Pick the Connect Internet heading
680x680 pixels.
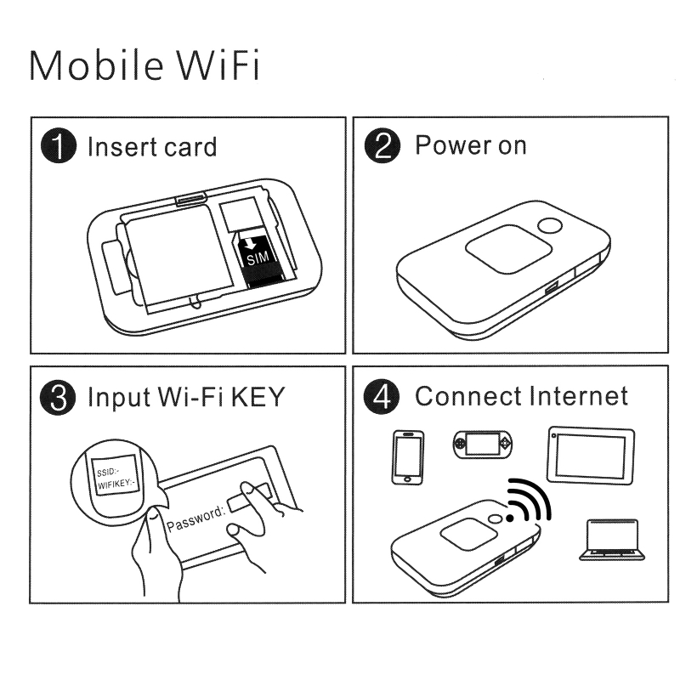pyautogui.click(x=521, y=396)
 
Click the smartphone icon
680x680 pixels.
pyautogui.click(x=408, y=456)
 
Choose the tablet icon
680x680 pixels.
pyautogui.click(x=591, y=455)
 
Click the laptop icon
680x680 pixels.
pyautogui.click(x=609, y=541)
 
